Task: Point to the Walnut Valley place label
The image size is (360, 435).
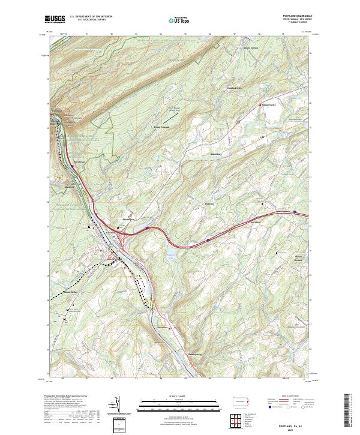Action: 268,104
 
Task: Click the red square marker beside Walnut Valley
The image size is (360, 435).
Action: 259,104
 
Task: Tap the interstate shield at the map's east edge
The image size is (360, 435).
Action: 295,211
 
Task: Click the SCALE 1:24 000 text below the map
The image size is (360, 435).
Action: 169,396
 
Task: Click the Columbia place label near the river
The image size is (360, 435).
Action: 110,232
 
